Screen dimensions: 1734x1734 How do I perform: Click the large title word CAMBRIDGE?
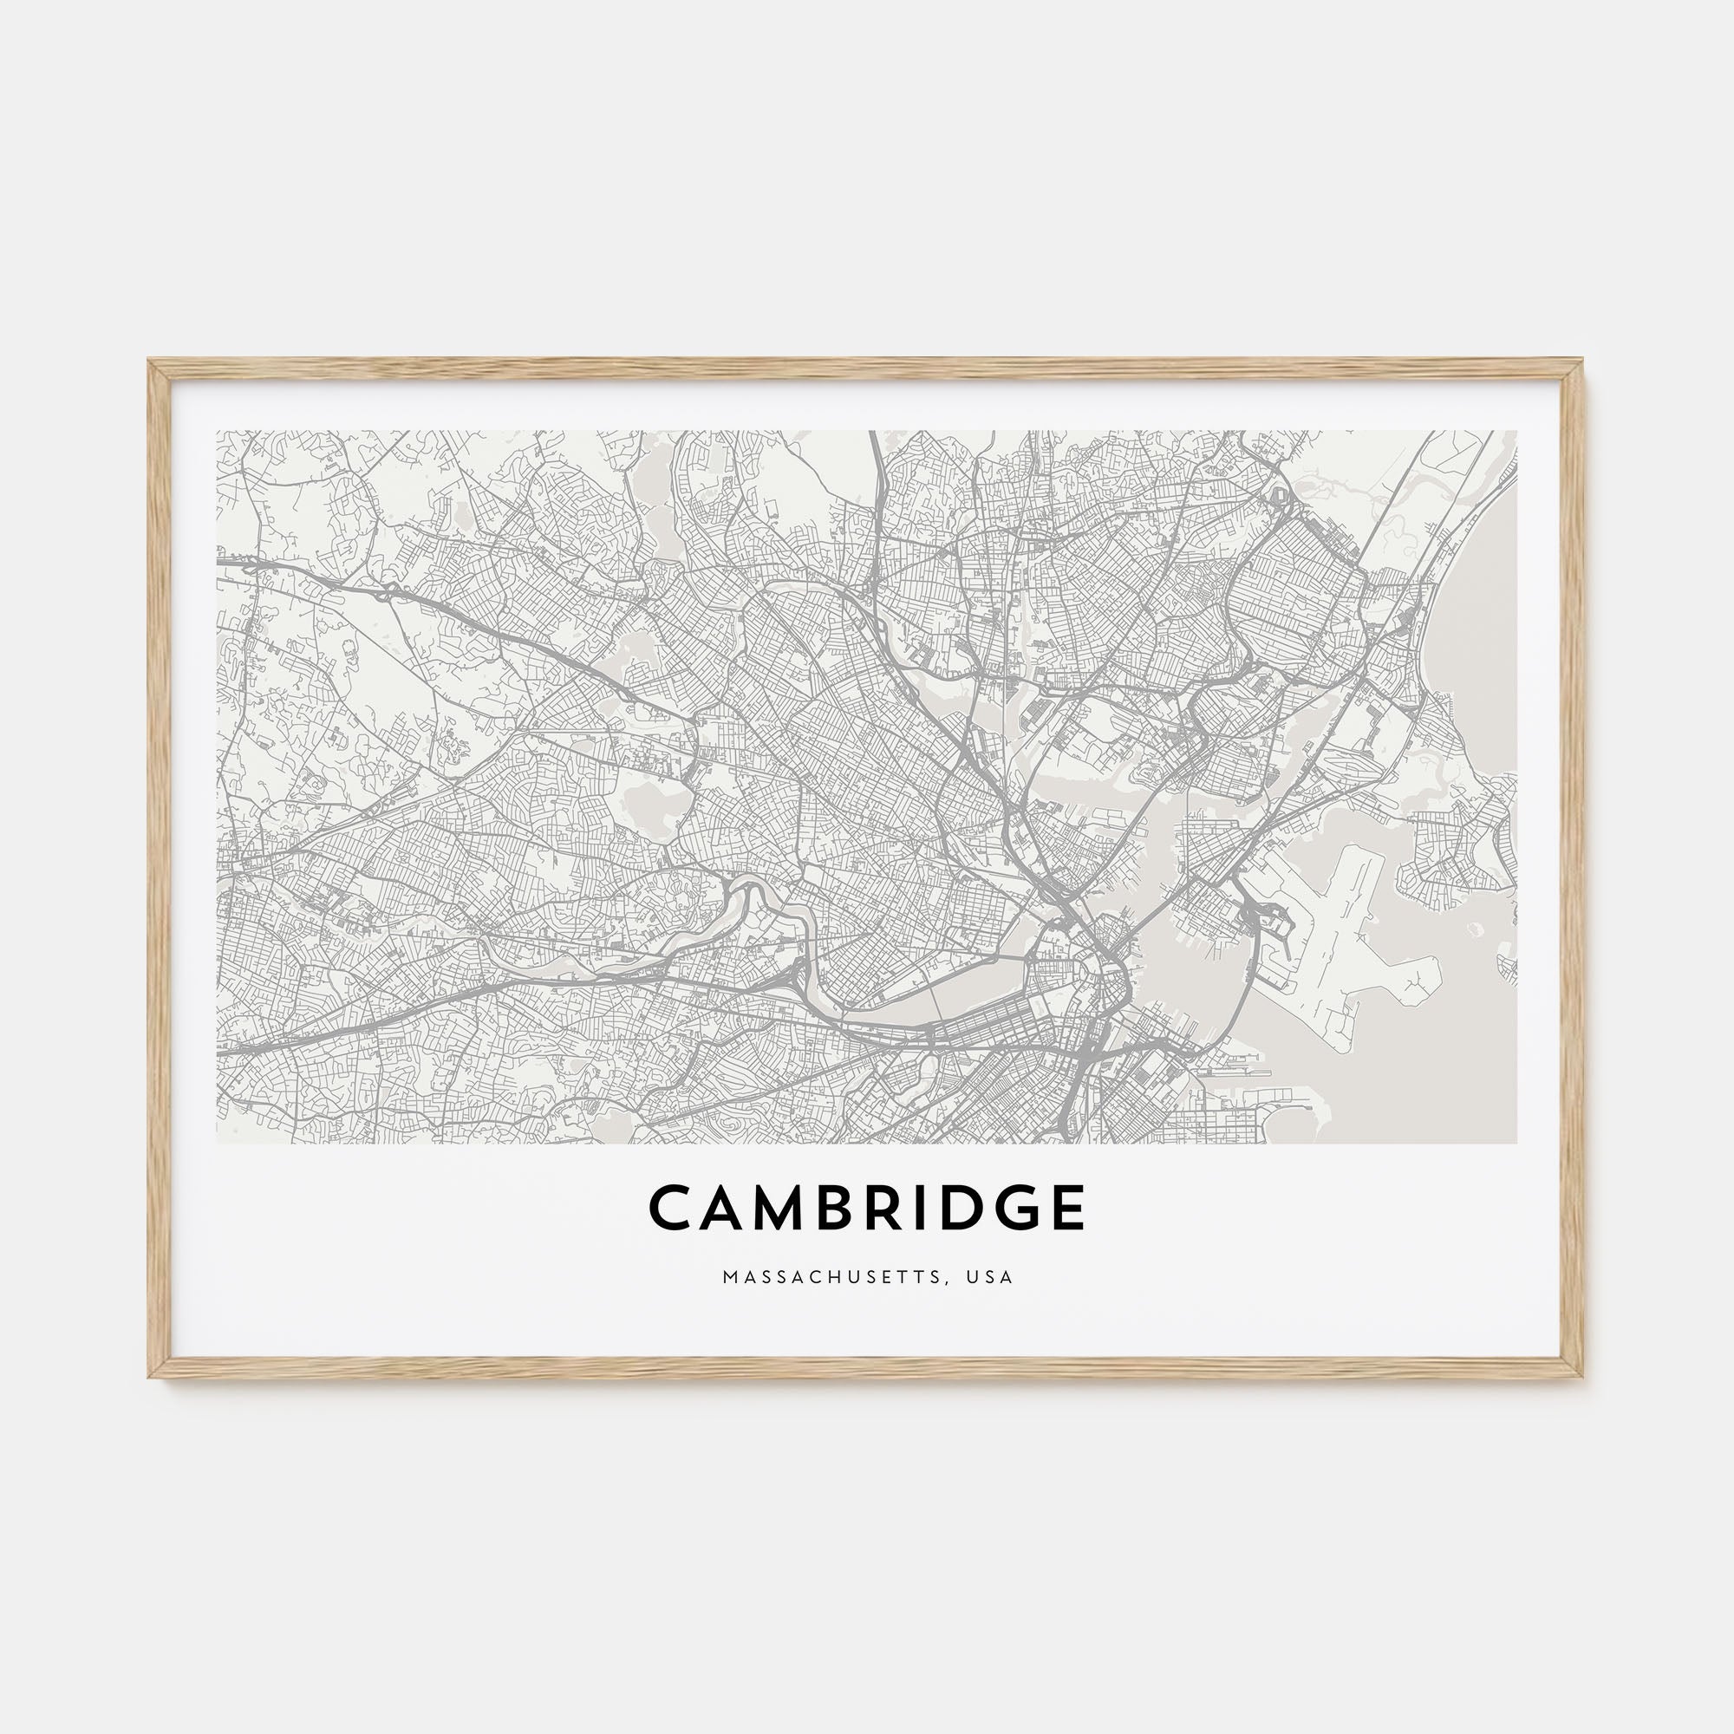point(866,1207)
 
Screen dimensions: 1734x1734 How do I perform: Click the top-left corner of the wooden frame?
point(151,362)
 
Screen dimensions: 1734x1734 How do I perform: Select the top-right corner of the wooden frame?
point(1582,362)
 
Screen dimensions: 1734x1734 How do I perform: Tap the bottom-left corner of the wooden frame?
point(151,1376)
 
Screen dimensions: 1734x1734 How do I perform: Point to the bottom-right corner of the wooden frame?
point(1582,1376)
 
